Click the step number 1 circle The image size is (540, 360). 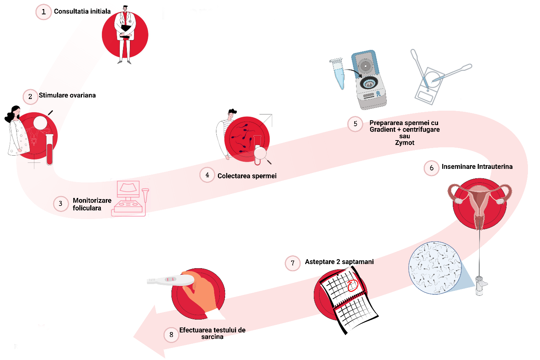pos(43,12)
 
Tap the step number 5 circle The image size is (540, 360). pos(355,124)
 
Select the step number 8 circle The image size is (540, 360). pos(171,335)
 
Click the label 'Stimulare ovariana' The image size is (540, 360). pos(67,95)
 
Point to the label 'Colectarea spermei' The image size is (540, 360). pos(247,176)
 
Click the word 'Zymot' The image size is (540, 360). pos(404,143)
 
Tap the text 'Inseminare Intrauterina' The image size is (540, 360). pos(477,167)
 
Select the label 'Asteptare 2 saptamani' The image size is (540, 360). pos(339,262)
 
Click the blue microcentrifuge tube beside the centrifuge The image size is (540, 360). pos(338,73)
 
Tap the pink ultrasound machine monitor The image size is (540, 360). pos(128,188)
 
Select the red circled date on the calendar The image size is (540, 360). pos(352,285)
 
